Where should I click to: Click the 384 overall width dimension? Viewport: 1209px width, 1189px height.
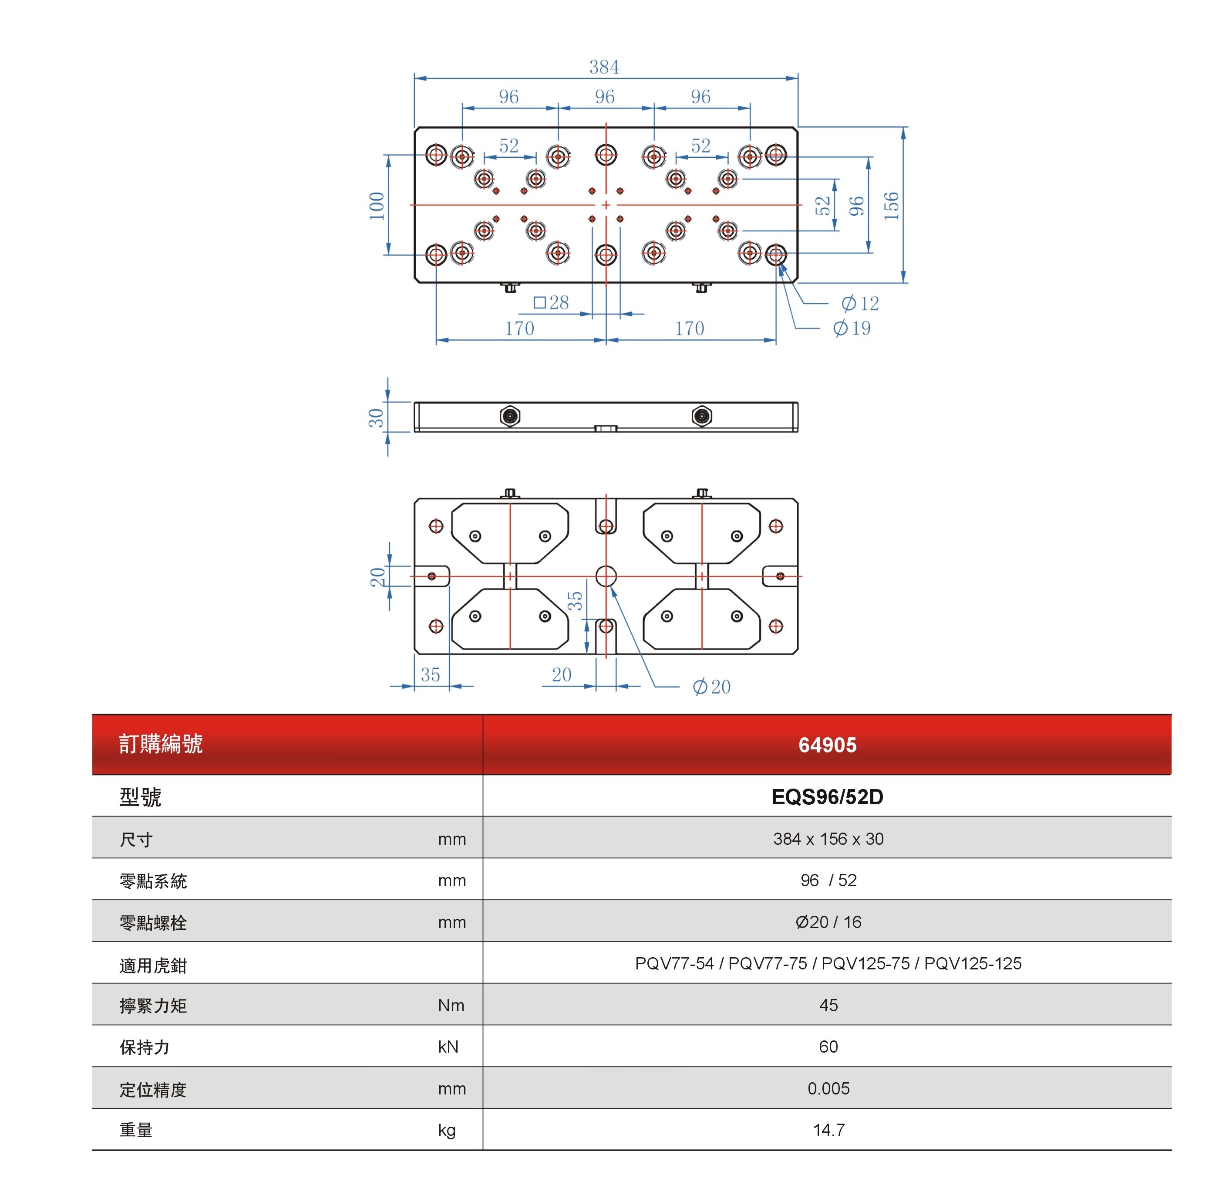click(x=603, y=67)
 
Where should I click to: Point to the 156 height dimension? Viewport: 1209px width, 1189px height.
click(x=891, y=206)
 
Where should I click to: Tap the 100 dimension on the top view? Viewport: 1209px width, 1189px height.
click(x=376, y=206)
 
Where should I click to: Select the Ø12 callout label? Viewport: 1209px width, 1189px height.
click(x=860, y=304)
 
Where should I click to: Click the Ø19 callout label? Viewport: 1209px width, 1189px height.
click(x=852, y=328)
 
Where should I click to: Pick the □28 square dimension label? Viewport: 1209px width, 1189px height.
click(x=551, y=303)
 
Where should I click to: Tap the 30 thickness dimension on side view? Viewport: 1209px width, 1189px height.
click(x=376, y=417)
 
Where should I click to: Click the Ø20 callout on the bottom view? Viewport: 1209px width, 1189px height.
click(x=711, y=687)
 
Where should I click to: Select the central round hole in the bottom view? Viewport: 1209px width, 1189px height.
click(x=606, y=576)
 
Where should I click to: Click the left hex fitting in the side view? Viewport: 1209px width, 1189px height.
click(x=510, y=416)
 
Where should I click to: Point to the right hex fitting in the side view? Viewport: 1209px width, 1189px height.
click(x=701, y=416)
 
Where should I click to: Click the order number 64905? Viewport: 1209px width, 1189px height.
click(x=827, y=745)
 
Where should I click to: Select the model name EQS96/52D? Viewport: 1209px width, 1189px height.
click(x=827, y=797)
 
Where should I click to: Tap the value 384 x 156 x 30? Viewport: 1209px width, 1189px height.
click(x=828, y=839)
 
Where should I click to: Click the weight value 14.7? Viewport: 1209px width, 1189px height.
click(x=828, y=1130)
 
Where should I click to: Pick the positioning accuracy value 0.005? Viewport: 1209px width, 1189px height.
click(x=828, y=1088)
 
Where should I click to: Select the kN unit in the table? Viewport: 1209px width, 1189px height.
click(x=448, y=1047)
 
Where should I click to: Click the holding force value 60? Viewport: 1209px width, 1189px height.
click(x=828, y=1047)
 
